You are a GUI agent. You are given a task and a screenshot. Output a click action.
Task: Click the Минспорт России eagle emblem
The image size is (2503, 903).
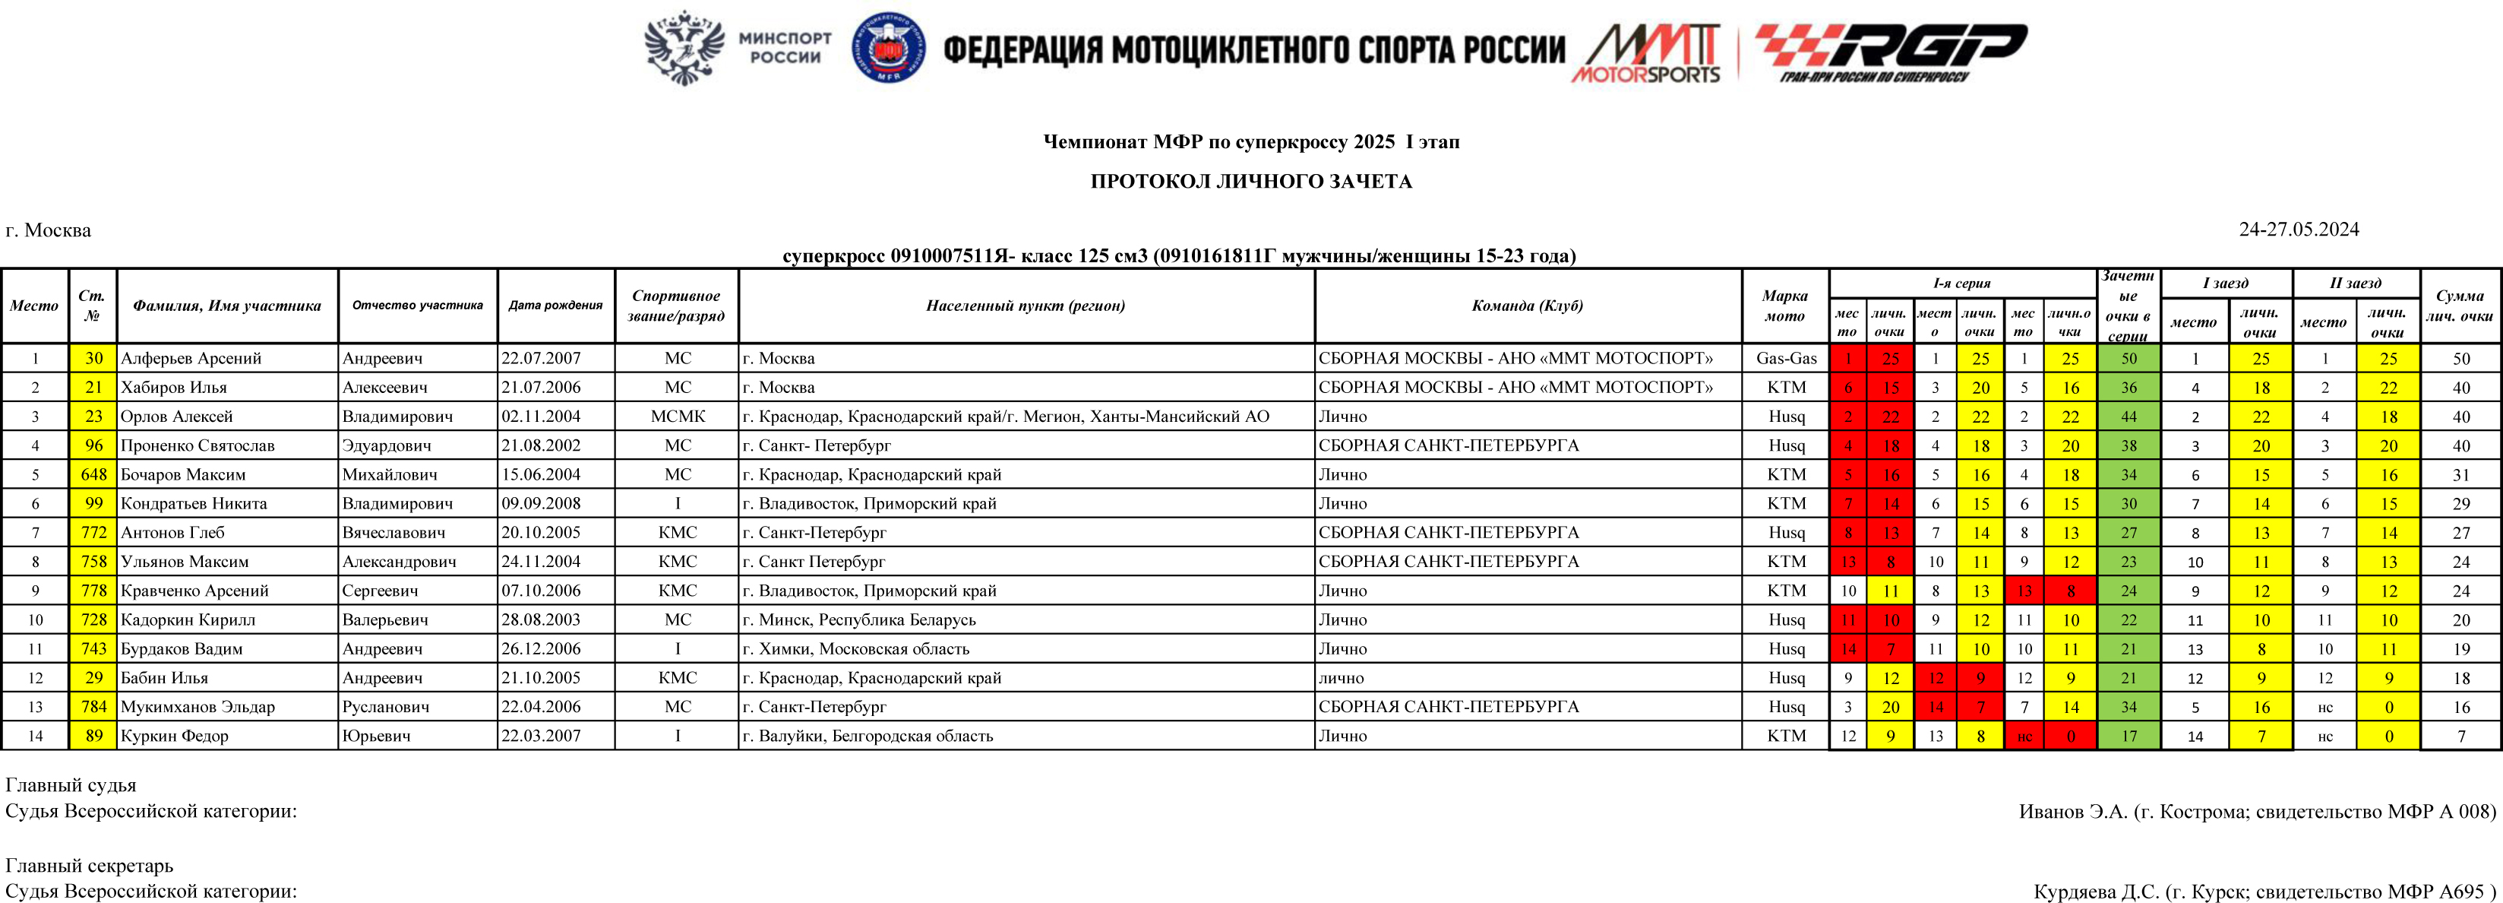(685, 48)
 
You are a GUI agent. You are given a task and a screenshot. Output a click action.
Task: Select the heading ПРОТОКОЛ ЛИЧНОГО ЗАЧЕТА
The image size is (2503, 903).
(1250, 182)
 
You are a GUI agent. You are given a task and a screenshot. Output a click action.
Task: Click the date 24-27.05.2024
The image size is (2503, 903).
(2298, 230)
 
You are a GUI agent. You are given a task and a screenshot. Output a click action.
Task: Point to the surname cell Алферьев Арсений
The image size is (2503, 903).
(191, 359)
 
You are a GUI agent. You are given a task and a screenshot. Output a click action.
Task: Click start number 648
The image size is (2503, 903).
(93, 474)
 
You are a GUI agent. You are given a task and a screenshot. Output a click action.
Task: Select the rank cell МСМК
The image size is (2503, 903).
(678, 416)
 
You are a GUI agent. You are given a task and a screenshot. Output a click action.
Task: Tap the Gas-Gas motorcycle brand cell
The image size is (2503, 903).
(1786, 359)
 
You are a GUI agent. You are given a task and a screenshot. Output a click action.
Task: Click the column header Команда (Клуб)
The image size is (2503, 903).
(1528, 306)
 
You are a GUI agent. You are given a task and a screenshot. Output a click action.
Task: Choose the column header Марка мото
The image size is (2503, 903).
(1785, 306)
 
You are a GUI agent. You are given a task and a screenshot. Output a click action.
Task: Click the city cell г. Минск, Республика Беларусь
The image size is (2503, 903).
(859, 619)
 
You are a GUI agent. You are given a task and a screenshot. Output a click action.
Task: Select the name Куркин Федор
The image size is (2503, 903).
(175, 736)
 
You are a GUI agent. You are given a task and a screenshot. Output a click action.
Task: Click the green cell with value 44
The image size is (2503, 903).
(2128, 416)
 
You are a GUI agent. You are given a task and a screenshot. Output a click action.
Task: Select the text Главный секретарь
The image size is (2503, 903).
(90, 865)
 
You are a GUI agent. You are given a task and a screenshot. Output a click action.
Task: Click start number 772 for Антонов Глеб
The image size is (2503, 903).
(93, 533)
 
